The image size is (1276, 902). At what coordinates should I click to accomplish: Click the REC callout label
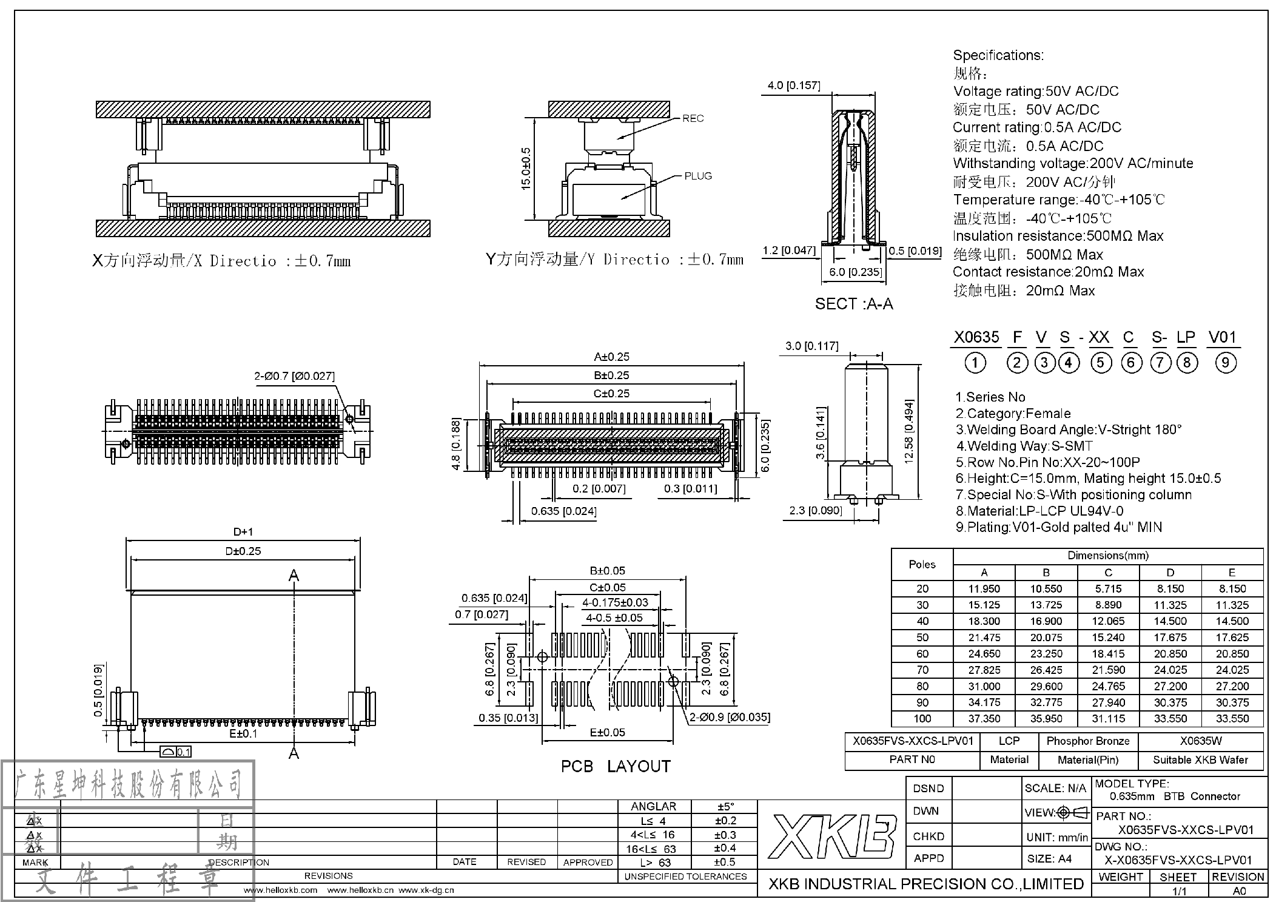pyautogui.click(x=693, y=118)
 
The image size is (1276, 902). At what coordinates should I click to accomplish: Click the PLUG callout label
pyautogui.click(x=697, y=176)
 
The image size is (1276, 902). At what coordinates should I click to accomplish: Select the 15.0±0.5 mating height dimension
pyautogui.click(x=526, y=169)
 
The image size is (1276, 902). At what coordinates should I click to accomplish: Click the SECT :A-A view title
pyautogui.click(x=853, y=304)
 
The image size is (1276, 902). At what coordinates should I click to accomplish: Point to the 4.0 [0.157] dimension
pyautogui.click(x=793, y=86)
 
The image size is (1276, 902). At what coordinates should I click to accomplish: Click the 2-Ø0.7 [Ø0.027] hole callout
pyautogui.click(x=294, y=376)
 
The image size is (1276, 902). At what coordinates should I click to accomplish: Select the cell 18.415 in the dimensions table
pyautogui.click(x=1108, y=654)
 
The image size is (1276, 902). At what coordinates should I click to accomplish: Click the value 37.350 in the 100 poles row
pyautogui.click(x=984, y=719)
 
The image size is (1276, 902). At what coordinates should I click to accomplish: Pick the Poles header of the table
pyautogui.click(x=922, y=564)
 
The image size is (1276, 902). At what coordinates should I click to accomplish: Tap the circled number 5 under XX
pyautogui.click(x=1101, y=363)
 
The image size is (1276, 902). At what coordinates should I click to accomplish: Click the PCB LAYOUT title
pyautogui.click(x=616, y=767)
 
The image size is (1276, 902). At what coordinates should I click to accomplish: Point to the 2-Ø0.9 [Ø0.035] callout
pyautogui.click(x=730, y=717)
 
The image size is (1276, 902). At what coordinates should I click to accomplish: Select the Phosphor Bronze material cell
pyautogui.click(x=1088, y=741)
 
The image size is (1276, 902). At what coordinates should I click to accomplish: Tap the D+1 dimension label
pyautogui.click(x=243, y=532)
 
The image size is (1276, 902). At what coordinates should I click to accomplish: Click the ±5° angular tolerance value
pyautogui.click(x=725, y=807)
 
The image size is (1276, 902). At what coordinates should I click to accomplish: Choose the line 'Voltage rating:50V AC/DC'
pyautogui.click(x=1035, y=92)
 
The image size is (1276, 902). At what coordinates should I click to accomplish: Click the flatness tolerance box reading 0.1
pyautogui.click(x=176, y=752)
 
